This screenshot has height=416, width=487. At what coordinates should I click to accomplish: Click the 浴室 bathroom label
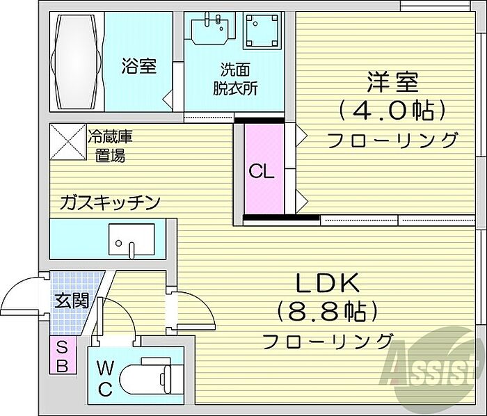(138, 66)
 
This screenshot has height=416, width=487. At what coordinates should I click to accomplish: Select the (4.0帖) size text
(392, 109)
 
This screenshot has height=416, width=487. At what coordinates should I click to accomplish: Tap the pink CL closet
(264, 170)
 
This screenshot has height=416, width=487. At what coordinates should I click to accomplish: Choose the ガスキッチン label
(111, 202)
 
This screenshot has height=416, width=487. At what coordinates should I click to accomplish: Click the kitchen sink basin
(131, 241)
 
